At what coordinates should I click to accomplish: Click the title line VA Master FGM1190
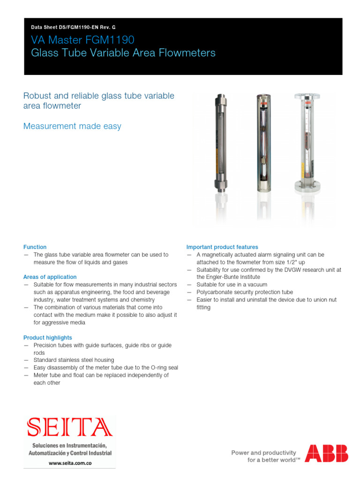82,40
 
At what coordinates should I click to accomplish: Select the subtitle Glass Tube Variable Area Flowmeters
123,53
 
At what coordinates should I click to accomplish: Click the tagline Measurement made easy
72,126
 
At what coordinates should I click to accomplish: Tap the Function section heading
35,247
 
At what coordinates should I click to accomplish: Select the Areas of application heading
50,277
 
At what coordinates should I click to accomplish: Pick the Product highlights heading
48,337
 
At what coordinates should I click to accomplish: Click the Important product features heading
222,247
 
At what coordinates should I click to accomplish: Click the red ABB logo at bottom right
326,454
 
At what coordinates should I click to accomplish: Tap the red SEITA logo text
70,427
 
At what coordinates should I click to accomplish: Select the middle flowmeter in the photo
263,142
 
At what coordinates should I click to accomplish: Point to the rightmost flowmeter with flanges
307,142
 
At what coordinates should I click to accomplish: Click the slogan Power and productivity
264,453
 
